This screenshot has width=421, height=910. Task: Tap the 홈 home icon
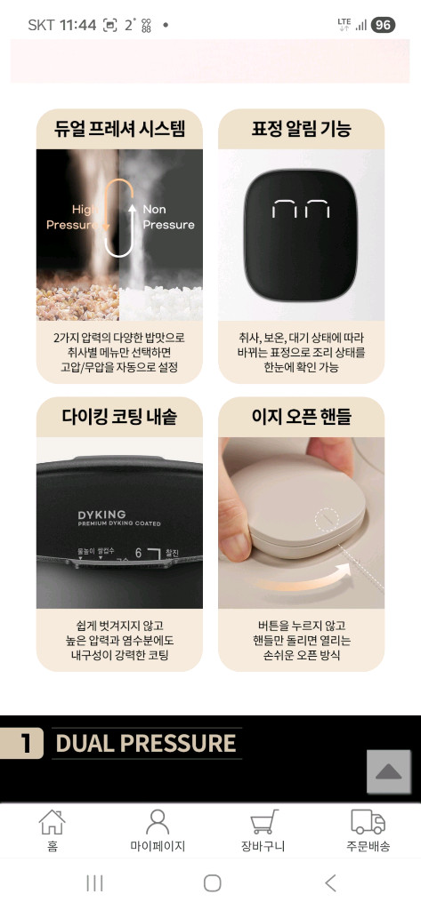tap(53, 822)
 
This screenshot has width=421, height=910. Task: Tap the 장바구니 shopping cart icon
tap(263, 822)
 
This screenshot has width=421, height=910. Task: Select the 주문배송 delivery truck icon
tap(368, 822)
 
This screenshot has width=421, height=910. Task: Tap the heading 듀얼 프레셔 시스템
tap(119, 129)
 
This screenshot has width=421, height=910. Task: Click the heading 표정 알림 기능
tap(301, 129)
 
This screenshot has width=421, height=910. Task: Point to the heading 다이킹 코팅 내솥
tap(119, 417)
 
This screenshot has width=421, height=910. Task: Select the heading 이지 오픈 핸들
tap(301, 417)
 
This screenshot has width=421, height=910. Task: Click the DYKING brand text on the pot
tap(101, 515)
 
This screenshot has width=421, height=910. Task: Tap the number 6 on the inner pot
tap(138, 553)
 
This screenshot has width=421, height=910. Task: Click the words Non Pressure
tap(167, 217)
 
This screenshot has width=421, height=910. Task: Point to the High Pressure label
tap(75, 217)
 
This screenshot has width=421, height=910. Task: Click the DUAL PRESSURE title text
tap(146, 743)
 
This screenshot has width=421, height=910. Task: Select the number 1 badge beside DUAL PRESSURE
tap(22, 743)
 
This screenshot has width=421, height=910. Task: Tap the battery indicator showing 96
tap(383, 25)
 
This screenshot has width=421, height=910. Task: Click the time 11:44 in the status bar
tap(77, 25)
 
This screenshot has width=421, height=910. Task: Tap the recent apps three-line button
tap(94, 882)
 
